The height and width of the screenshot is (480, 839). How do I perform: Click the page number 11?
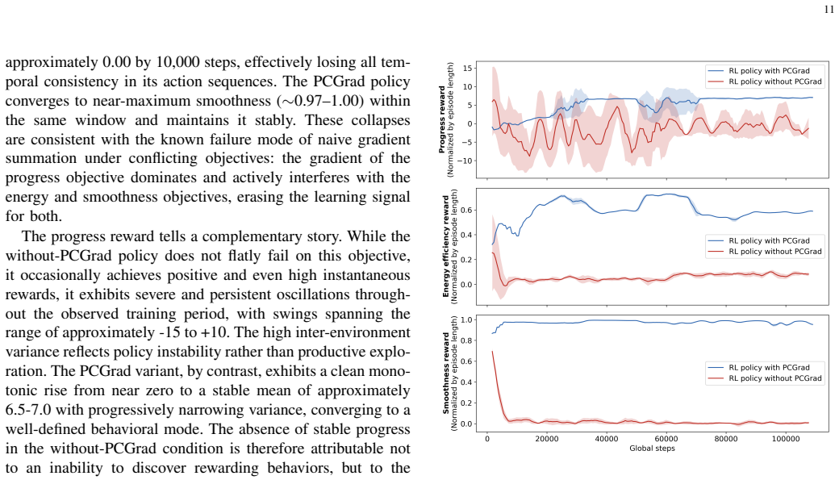click(829, 10)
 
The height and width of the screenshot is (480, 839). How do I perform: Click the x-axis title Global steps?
click(652, 449)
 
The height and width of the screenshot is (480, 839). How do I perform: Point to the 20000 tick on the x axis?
click(547, 439)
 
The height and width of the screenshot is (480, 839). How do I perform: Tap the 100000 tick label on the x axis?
click(786, 439)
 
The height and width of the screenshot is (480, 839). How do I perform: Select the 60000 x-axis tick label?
click(666, 439)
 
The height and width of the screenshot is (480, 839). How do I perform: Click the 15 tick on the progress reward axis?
click(468, 68)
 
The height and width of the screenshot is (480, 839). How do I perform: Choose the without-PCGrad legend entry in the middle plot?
click(765, 252)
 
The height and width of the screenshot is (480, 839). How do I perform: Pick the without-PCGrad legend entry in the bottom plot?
click(765, 378)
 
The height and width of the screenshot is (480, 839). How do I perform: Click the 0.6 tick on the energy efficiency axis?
click(466, 211)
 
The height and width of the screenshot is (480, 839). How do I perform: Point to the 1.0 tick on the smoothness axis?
click(466, 320)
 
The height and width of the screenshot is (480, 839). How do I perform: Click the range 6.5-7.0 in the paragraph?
click(28, 410)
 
